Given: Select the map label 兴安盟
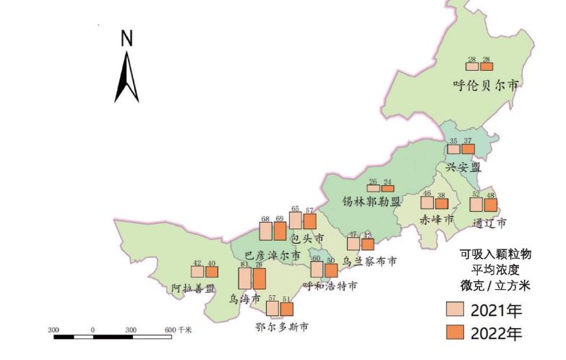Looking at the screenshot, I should [463, 167].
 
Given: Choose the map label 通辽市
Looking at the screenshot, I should [489, 221].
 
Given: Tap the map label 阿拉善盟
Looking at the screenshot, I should [194, 288].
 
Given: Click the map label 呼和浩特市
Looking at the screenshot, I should [330, 286].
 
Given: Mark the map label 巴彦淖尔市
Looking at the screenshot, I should [272, 255].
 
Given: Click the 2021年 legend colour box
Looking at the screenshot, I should [455, 311].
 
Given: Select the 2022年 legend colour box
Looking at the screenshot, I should [455, 333].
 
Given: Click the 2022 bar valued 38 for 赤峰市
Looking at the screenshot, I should [441, 204].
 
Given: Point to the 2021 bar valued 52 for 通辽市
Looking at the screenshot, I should [476, 204].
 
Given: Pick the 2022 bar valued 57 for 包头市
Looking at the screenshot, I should [309, 221].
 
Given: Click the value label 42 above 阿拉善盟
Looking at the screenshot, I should [197, 263].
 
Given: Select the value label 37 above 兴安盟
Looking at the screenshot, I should [468, 141].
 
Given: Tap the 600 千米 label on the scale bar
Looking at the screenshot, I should [177, 330].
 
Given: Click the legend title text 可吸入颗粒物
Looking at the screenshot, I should [495, 254].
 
